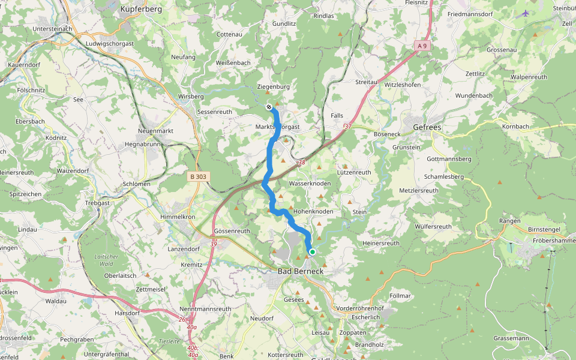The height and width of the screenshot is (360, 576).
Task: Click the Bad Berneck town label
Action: pos(300,271)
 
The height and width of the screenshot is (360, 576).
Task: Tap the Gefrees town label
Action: pos(427,127)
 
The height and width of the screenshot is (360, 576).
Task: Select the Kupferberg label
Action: pos(142,9)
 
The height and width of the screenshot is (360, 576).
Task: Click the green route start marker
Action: pos(312,252)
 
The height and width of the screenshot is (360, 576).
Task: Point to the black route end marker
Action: pos(269,107)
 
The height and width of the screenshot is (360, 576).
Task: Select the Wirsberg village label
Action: pos(191,96)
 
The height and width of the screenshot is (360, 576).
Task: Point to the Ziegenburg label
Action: pos(273,86)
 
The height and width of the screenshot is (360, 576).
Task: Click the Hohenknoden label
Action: pos(313,212)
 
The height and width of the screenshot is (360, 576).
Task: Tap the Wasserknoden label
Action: pos(310,183)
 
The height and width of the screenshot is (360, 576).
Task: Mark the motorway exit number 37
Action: pos(347,127)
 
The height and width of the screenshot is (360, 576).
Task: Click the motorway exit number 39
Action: pos(214,243)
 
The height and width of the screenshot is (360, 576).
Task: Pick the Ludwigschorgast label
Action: pos(110,43)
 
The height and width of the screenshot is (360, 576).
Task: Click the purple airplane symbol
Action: pos(526,13)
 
